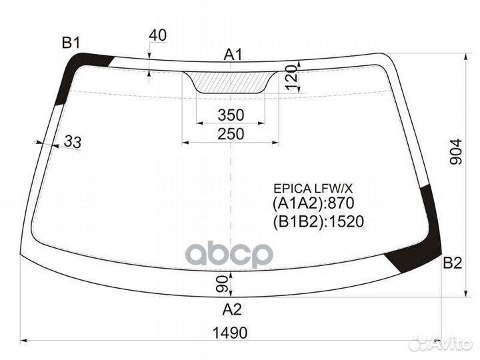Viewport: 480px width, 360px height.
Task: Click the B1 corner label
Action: tap(71, 43)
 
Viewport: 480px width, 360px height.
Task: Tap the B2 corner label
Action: tap(453, 263)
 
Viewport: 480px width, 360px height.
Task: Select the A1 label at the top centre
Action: tap(233, 55)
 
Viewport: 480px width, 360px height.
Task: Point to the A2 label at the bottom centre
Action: tap(232, 309)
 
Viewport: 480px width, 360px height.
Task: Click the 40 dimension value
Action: tap(158, 35)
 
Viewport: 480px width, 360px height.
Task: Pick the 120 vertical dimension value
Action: tap(293, 77)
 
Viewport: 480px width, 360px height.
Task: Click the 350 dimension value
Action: tap(231, 115)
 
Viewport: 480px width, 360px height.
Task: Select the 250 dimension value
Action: tap(231, 134)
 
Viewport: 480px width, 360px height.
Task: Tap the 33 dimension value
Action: tap(73, 142)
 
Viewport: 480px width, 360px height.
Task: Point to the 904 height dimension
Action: tap(456, 151)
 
